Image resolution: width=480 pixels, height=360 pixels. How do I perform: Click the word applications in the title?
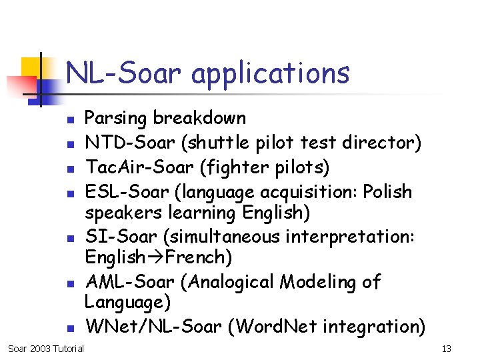tap(270, 73)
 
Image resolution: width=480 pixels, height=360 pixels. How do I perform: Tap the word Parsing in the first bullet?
tap(116, 119)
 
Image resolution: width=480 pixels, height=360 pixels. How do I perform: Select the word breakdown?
tap(199, 118)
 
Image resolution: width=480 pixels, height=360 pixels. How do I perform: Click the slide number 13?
tap(447, 349)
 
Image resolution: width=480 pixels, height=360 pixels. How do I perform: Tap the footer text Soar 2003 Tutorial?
tap(45, 349)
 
